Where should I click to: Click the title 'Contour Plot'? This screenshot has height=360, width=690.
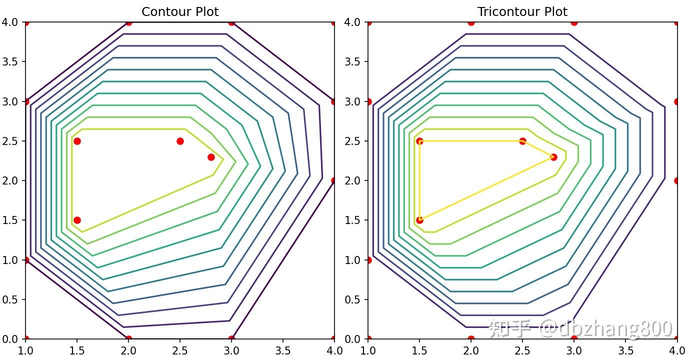tap(180, 11)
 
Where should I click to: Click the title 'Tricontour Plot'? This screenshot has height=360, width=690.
tap(522, 11)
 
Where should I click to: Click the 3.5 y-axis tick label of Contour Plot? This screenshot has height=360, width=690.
tap(9, 62)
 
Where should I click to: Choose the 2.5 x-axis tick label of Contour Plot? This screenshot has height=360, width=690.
tap(180, 350)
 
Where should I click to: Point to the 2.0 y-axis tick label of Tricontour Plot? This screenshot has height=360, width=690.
tap(352, 181)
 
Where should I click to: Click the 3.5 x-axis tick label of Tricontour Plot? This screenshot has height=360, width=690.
tap(625, 350)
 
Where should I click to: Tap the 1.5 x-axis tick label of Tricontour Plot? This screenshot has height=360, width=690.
tap(419, 350)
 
